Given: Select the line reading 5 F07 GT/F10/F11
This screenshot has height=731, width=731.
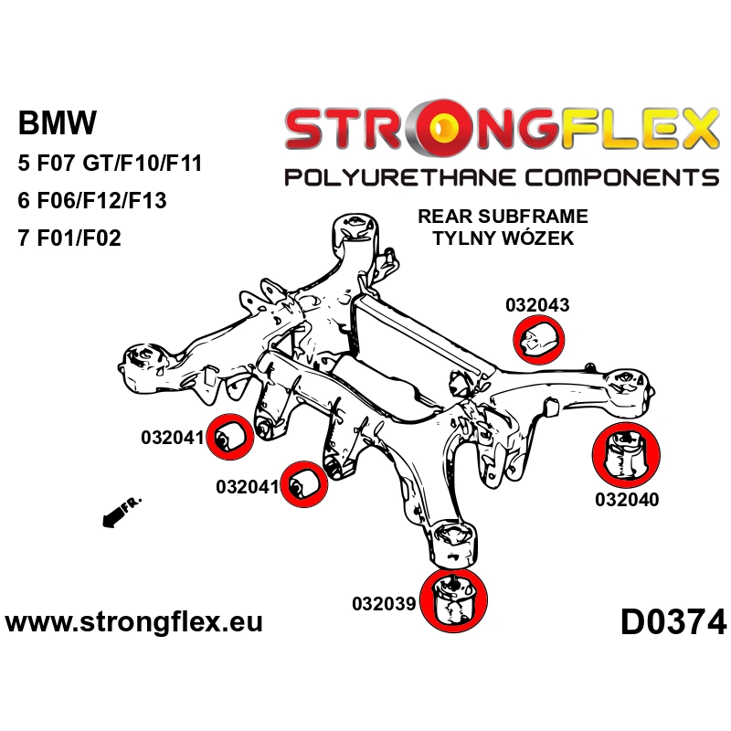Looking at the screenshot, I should pyautogui.click(x=110, y=164).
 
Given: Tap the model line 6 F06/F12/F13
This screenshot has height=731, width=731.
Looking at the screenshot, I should pyautogui.click(x=92, y=201).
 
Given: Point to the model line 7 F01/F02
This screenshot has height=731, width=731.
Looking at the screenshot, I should pyautogui.click(x=69, y=238).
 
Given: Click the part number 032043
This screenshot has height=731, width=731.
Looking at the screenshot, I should pyautogui.click(x=537, y=305).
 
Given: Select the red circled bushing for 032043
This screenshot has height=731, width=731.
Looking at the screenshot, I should pyautogui.click(x=540, y=339).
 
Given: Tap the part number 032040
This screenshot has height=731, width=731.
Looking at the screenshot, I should pyautogui.click(x=627, y=500).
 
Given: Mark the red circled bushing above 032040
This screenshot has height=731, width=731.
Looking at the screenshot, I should pyautogui.click(x=627, y=454).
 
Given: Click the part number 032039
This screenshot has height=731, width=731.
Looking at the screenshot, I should pyautogui.click(x=384, y=604).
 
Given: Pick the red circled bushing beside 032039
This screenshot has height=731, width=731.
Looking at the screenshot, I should pyautogui.click(x=453, y=599).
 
